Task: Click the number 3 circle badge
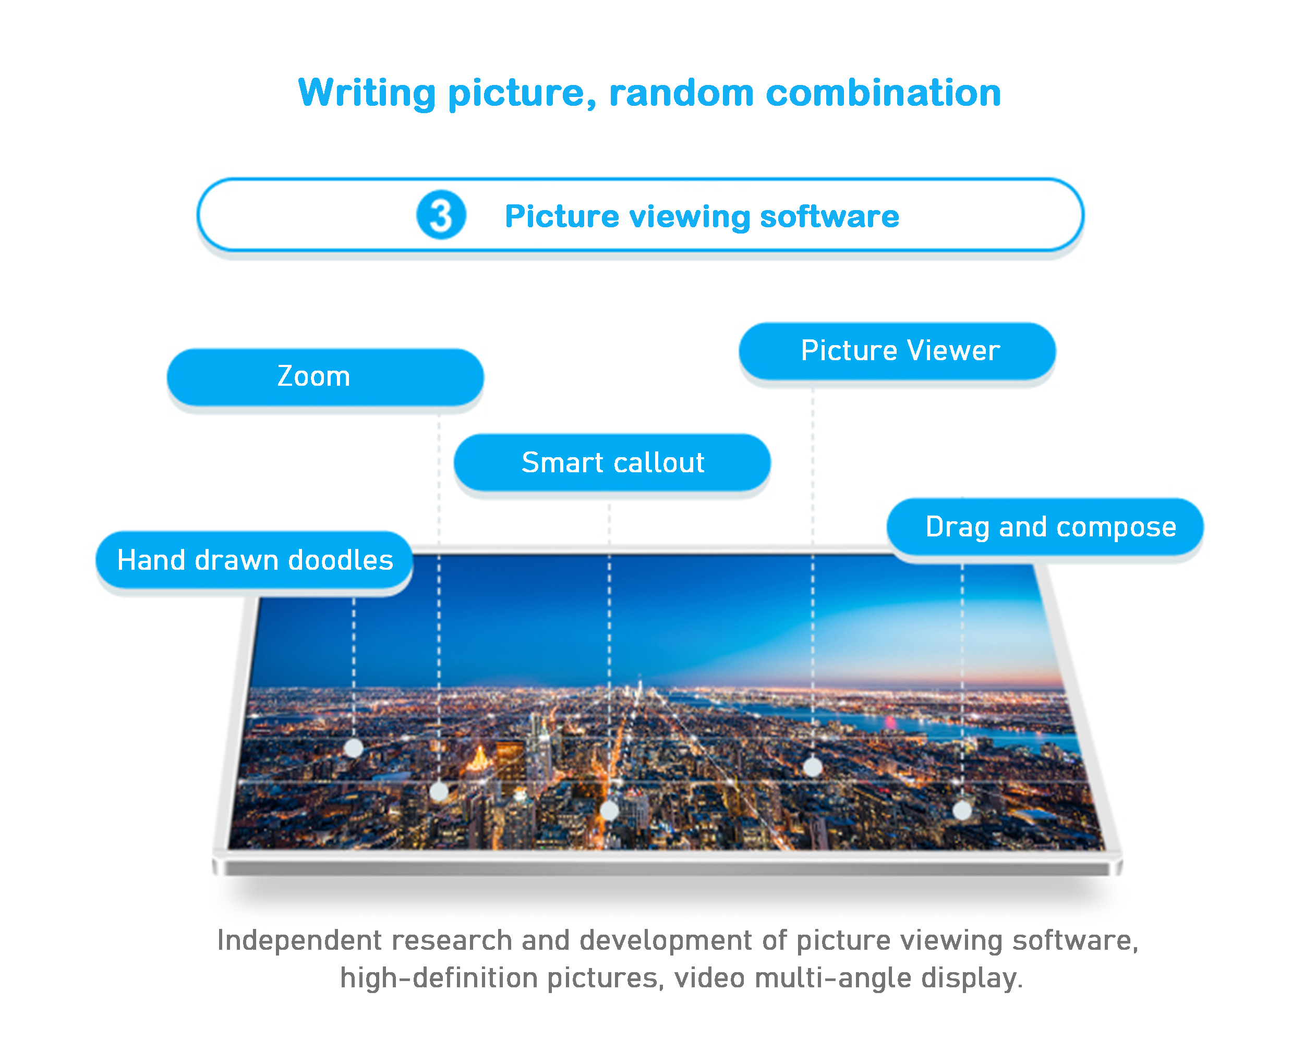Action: (441, 215)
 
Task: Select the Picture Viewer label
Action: (897, 351)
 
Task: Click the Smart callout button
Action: (612, 462)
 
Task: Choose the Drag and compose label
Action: (1045, 526)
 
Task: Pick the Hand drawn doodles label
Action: (255, 560)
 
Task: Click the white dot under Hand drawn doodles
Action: (354, 749)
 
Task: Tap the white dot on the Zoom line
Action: (439, 791)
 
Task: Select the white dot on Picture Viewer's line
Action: (813, 767)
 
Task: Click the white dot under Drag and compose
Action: (962, 810)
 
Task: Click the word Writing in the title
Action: (367, 93)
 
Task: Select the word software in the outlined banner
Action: (829, 216)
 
